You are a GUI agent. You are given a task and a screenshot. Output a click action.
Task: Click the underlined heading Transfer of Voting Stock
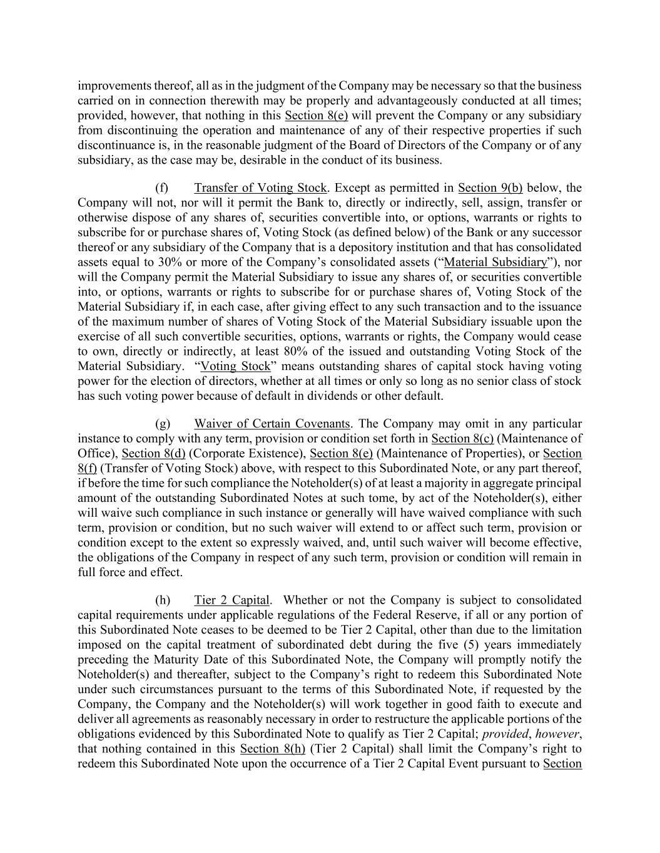point(260,188)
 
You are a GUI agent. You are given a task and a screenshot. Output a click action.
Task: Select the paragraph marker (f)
point(161,188)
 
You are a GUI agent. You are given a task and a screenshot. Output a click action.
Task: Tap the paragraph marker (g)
point(161,424)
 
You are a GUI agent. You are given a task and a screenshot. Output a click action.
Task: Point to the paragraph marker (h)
point(162,601)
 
